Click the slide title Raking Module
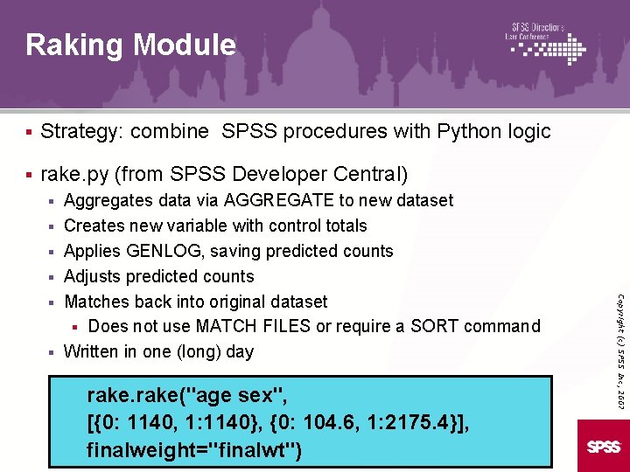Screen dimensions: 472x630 click(130, 45)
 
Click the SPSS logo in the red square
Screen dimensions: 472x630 click(604, 447)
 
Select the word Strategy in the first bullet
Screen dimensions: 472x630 click(80, 132)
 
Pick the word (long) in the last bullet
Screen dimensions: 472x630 click(200, 352)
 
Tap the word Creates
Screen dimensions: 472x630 click(94, 226)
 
